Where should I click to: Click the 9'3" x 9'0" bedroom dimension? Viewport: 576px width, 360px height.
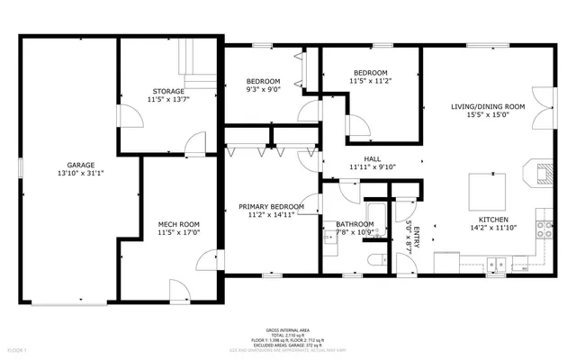coord(264,89)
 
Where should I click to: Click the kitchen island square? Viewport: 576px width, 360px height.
coord(487,190)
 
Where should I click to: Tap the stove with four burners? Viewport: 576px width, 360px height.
coord(544,227)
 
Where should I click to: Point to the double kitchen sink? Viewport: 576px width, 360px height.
coord(496,265)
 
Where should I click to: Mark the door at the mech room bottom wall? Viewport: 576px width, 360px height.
coord(178,291)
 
